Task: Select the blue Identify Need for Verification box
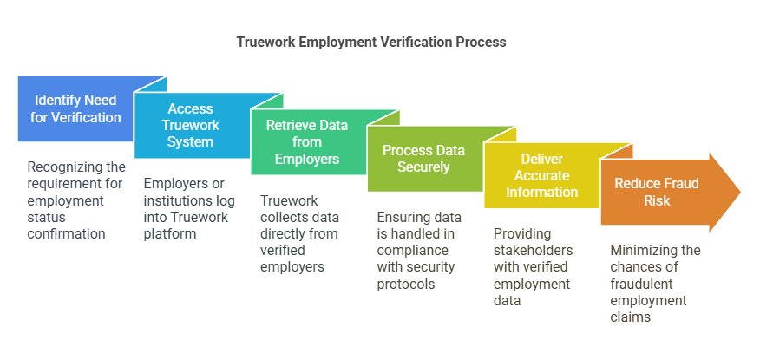tap(75, 109)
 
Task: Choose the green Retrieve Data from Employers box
tap(307, 142)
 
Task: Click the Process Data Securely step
tap(423, 159)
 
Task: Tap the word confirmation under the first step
tap(67, 233)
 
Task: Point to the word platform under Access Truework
tap(172, 233)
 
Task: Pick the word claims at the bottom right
tap(630, 317)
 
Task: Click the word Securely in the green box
tap(423, 167)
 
